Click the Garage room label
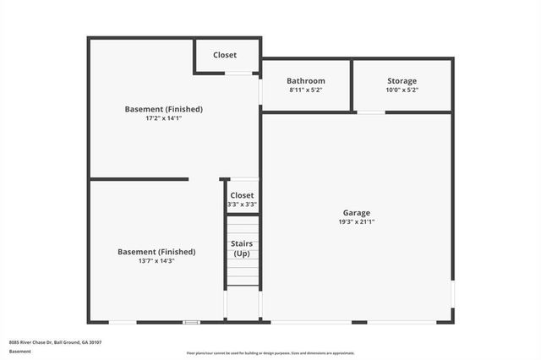(x=356, y=213)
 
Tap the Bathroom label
(x=306, y=81)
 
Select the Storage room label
(x=402, y=81)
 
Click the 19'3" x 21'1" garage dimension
(x=356, y=222)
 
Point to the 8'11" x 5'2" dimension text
(x=306, y=90)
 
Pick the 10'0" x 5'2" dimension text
(x=402, y=90)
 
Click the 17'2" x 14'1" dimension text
(x=163, y=118)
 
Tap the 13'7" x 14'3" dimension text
(x=156, y=261)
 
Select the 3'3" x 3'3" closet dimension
(x=242, y=205)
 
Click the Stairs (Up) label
(x=242, y=248)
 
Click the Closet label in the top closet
(x=225, y=55)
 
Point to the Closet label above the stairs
(x=242, y=195)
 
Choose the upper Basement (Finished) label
(x=163, y=109)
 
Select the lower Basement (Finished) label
(x=156, y=252)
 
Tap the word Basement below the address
(x=20, y=351)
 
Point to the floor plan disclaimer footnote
(x=270, y=353)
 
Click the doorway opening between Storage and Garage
(x=371, y=112)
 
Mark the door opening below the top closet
(x=239, y=74)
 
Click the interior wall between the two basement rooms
(x=139, y=179)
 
